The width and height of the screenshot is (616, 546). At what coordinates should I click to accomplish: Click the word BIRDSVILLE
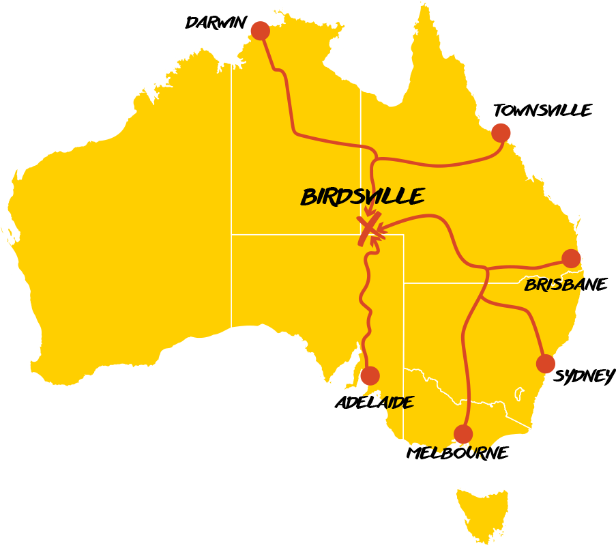(x=362, y=197)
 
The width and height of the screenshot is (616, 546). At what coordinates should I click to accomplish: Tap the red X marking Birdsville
(x=369, y=228)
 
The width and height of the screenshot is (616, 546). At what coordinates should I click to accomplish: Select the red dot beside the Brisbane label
(x=571, y=259)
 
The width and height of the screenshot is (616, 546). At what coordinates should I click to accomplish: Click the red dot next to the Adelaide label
(x=370, y=375)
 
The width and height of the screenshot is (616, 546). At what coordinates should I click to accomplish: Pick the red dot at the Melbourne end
(x=463, y=434)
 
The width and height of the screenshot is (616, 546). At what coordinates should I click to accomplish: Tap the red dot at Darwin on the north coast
(x=260, y=31)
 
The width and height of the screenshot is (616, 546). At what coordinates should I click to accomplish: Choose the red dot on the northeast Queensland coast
(x=501, y=132)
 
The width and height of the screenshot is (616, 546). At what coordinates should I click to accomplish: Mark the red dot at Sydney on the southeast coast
(x=546, y=364)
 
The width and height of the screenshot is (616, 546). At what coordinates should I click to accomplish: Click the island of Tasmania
(x=482, y=512)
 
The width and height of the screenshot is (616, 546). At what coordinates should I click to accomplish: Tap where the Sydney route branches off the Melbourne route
(x=481, y=297)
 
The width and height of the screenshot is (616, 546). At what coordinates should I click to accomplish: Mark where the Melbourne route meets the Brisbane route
(x=487, y=268)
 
